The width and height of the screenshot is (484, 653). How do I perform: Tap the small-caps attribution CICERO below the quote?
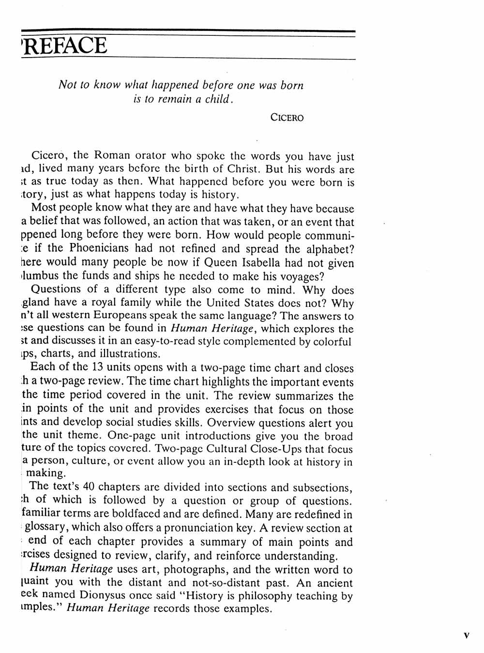[x=287, y=118]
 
